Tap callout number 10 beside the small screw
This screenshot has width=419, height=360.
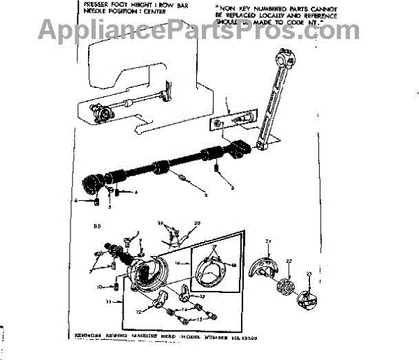point(100,287)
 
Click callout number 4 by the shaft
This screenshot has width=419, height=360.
point(135,192)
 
